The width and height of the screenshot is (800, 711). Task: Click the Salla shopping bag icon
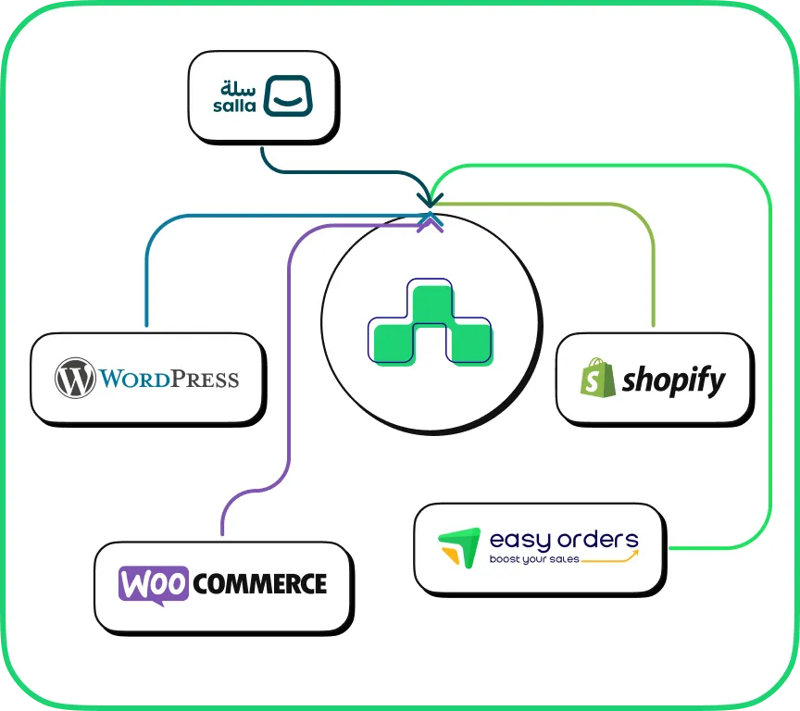[288, 96]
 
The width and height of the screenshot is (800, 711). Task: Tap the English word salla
[238, 106]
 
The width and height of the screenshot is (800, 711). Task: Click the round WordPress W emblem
[76, 379]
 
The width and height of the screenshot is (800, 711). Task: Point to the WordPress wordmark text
[169, 379]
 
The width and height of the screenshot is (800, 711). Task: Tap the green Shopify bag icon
[597, 378]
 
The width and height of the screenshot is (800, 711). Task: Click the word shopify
[673, 380]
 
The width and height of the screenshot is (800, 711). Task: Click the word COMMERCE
[261, 584]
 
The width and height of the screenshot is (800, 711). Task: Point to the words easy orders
[564, 539]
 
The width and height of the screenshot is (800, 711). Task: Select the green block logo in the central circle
[430, 324]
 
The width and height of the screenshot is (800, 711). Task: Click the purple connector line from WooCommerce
[291, 370]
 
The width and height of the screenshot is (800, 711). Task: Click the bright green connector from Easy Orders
[769, 370]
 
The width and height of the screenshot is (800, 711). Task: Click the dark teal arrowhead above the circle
[431, 198]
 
